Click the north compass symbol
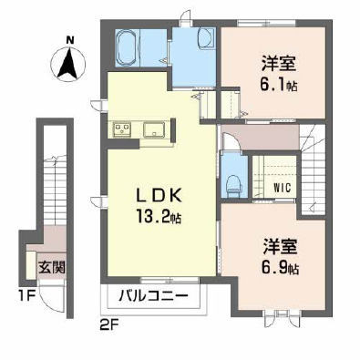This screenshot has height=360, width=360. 68,65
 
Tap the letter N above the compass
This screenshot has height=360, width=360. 70,39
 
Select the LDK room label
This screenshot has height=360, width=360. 159,195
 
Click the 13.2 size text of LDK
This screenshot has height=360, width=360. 159,217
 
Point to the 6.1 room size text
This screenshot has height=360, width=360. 278,86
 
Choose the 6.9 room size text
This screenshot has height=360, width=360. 279,268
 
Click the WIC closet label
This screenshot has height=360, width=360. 282,188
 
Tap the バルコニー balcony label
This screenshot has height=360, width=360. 153,295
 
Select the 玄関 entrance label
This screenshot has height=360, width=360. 52,267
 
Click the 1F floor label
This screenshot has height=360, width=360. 27,295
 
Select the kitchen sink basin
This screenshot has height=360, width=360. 155,129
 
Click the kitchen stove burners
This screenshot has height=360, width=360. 122,129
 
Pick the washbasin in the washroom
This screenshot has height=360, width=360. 207,39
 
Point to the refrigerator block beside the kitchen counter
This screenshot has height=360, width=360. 174,129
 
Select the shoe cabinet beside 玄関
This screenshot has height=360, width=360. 31,265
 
